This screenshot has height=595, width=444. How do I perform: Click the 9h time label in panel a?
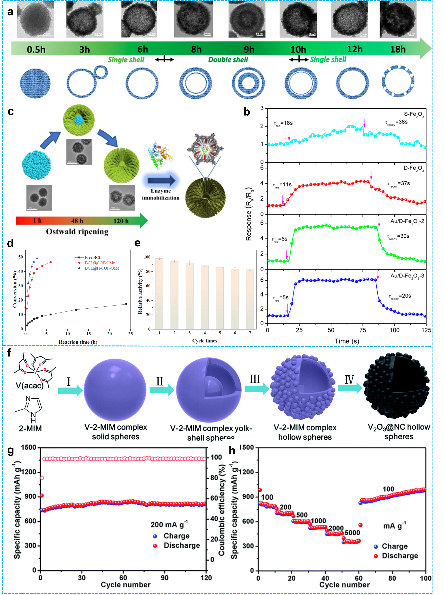click(x=249, y=49)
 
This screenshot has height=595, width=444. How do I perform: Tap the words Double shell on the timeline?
click(x=228, y=59)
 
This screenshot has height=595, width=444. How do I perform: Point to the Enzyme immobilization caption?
click(x=161, y=194)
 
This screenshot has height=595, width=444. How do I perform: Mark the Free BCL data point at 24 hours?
click(x=126, y=304)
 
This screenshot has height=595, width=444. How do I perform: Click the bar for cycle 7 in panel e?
click(x=250, y=299)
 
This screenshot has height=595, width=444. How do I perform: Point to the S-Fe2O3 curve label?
click(x=414, y=115)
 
